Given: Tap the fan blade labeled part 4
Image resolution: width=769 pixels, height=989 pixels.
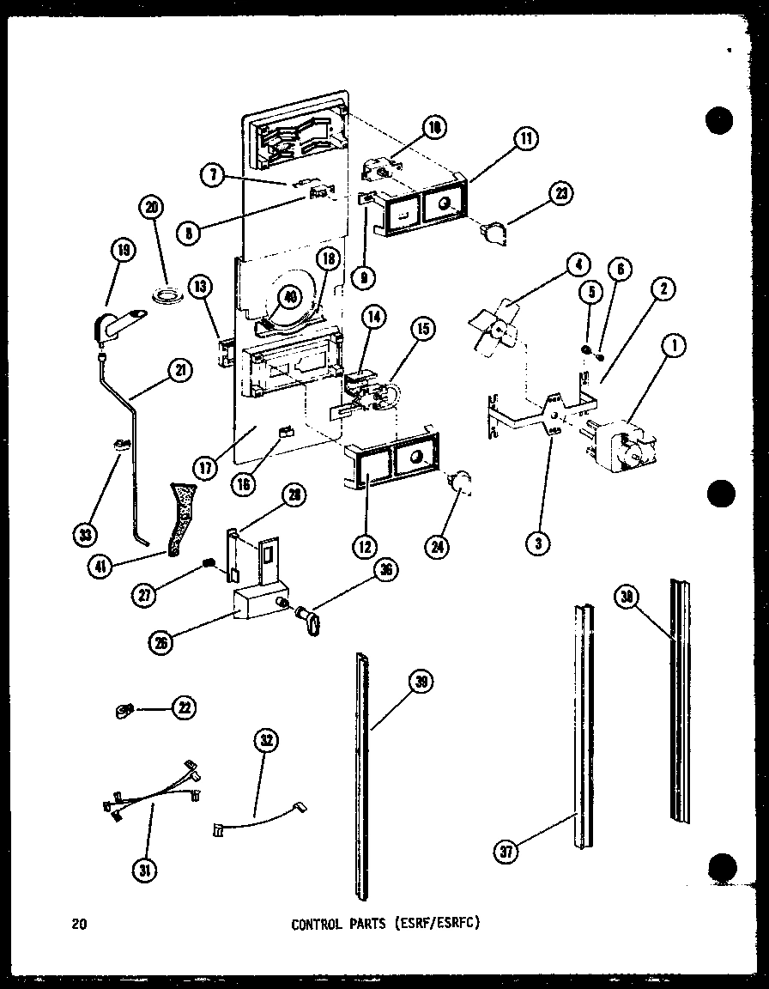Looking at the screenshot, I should point(496,325).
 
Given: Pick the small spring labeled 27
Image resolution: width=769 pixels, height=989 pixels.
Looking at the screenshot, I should point(207,563).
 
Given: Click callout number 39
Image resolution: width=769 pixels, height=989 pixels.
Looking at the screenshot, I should point(421,683).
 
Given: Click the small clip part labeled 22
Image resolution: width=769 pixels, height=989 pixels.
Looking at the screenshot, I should point(124,709).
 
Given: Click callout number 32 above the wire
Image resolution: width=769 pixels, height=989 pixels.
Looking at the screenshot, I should point(267,742).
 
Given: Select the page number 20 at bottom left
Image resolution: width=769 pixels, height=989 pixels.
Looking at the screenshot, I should point(79,925).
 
